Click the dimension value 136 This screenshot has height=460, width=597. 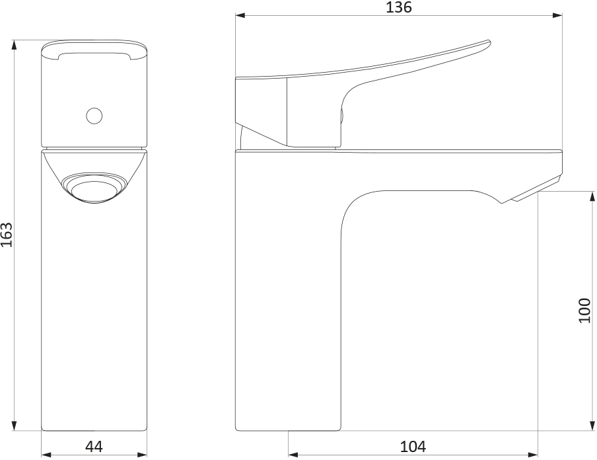click(399, 7)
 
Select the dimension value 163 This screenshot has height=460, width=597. click(7, 235)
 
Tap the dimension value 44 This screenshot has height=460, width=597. click(94, 446)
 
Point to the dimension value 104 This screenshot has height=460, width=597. click(413, 446)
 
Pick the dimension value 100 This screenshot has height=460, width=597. click(585, 311)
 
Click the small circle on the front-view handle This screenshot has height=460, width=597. click(94, 116)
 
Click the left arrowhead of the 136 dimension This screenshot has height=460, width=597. click(240, 16)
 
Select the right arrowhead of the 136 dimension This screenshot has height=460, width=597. click(557, 16)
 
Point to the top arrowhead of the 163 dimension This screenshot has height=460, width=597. click(15, 45)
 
